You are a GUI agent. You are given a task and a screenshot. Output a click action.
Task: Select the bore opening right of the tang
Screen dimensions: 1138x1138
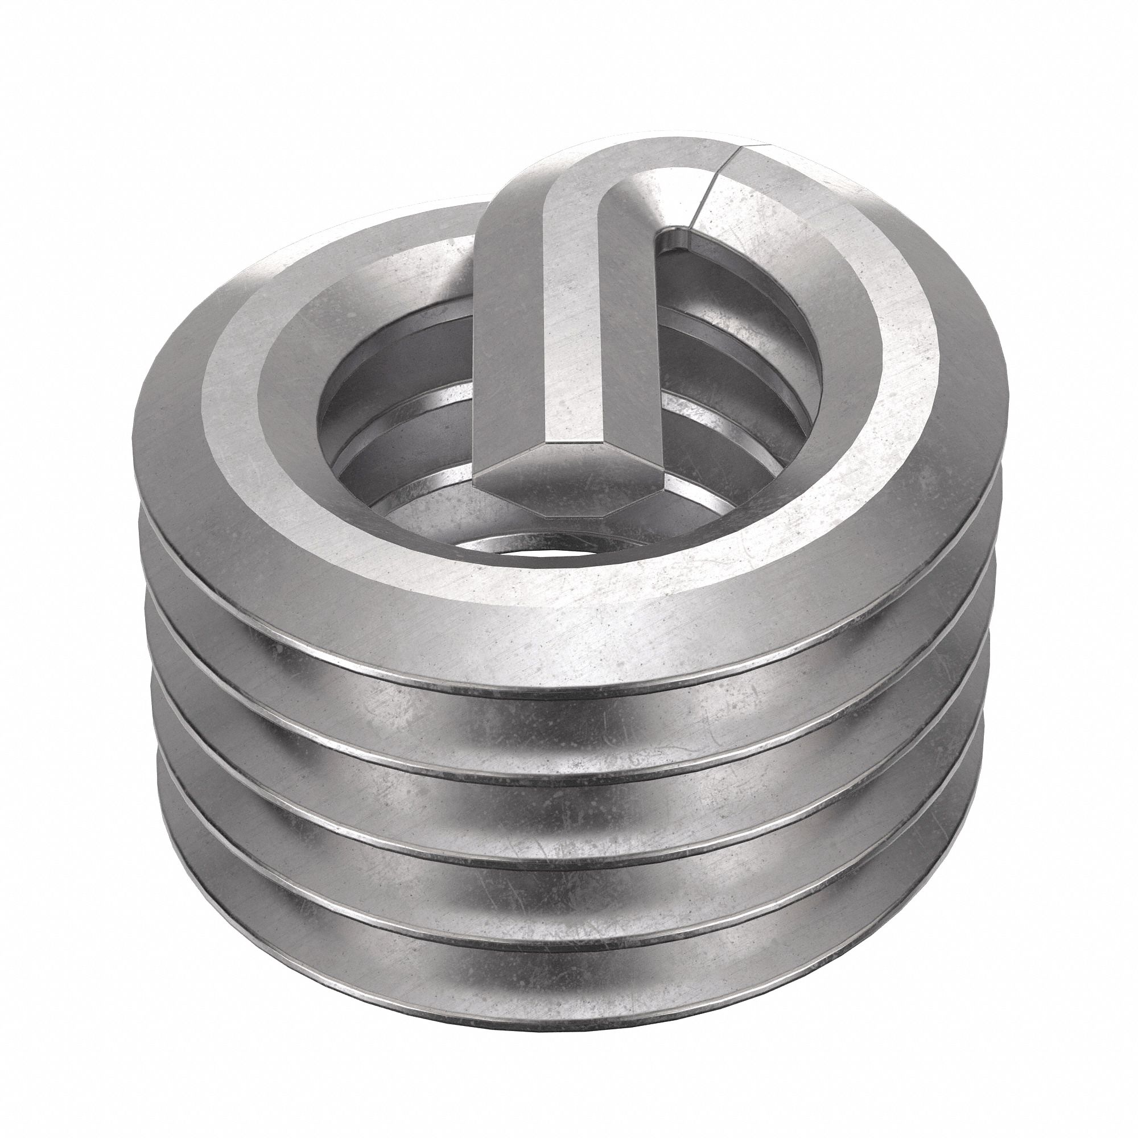coord(736,365)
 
